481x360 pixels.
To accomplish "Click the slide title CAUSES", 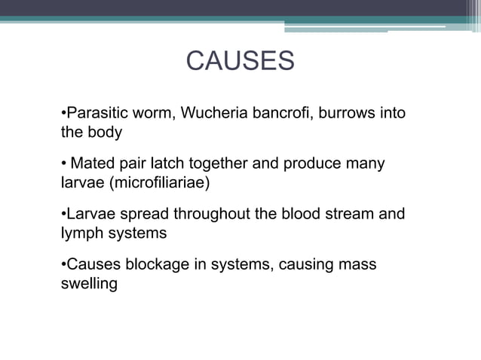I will point(240,61).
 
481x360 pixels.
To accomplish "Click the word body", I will point(106,132).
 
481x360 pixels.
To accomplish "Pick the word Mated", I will point(92,163).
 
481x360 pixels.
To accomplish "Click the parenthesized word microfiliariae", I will point(154,182).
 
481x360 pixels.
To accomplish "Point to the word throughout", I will point(204,214).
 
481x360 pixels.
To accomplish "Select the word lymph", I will point(81,233).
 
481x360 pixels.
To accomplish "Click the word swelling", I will point(88,283).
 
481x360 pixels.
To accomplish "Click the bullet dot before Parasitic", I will point(63,114).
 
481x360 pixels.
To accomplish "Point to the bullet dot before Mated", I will point(63,164).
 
